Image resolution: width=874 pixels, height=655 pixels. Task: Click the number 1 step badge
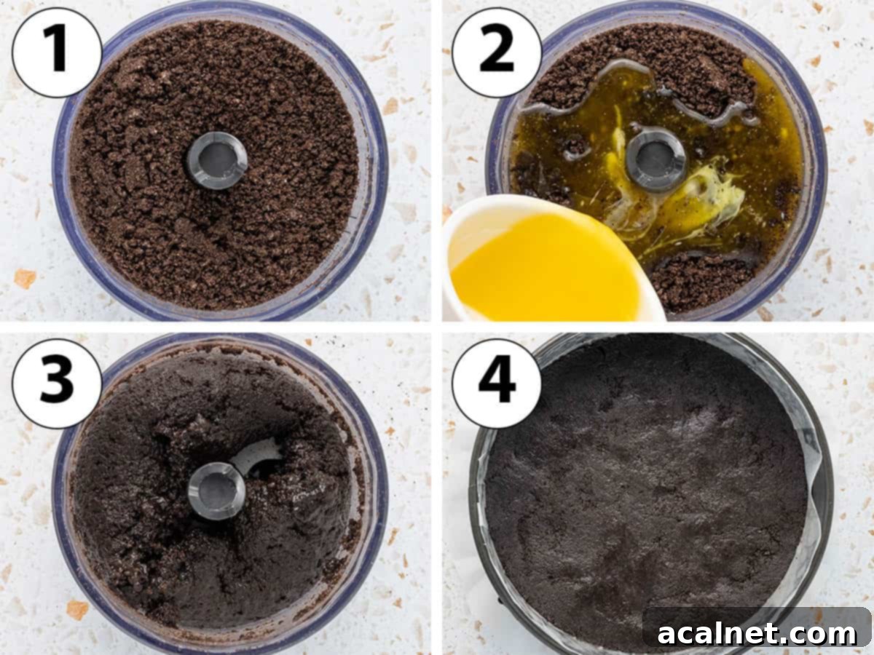[x=57, y=52]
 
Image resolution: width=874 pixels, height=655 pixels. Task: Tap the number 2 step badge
[x=497, y=52]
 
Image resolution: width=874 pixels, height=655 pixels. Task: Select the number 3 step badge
[x=57, y=384]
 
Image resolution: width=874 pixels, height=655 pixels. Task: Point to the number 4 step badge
[x=497, y=384]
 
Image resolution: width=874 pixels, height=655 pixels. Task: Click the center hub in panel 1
[x=216, y=160]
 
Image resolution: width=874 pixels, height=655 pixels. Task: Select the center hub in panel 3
[x=216, y=490]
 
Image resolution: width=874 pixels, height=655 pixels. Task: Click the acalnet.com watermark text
[x=757, y=632]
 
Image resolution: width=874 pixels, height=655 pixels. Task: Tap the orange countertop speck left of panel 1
[x=25, y=277]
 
